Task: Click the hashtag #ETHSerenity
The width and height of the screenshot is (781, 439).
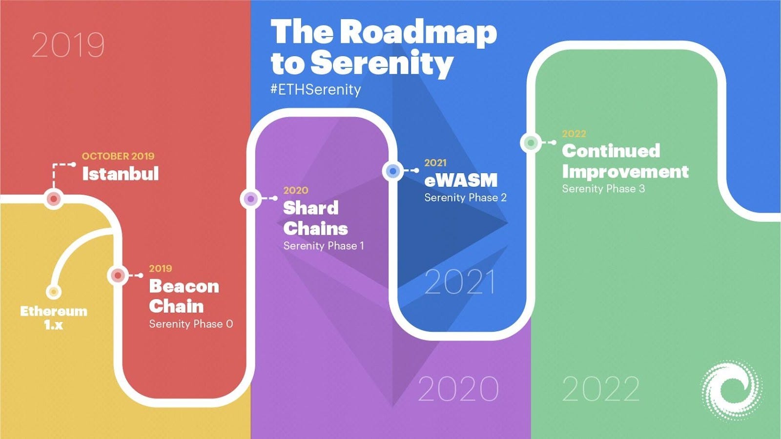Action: pos(316,90)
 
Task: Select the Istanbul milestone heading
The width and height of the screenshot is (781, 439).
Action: pos(121,174)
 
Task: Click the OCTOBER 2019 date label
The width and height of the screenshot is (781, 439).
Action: pos(118,156)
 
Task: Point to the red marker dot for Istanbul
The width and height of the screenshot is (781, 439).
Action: pos(54,199)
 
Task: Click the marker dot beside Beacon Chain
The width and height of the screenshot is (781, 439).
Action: pos(118,276)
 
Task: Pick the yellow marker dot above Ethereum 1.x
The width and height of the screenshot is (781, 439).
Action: pos(53,292)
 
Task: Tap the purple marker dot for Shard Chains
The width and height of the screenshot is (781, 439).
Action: pos(250,199)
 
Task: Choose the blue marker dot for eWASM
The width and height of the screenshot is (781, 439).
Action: pos(393,171)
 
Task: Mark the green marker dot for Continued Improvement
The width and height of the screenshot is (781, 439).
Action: pos(531,143)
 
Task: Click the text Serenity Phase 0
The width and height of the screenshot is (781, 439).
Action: pos(191,324)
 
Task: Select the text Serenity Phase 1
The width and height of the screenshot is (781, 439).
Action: pos(324,246)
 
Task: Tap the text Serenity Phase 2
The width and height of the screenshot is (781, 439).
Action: pos(465,198)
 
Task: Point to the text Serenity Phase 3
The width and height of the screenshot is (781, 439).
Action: pos(603,189)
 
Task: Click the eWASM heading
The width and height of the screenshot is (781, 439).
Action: pos(461,180)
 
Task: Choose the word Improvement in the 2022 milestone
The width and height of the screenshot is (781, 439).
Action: pos(625,172)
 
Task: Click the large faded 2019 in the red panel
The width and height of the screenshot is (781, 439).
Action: pos(68,45)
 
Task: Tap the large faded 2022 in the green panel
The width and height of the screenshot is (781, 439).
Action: pos(601,389)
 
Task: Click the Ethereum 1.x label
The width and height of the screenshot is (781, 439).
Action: pos(54,318)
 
